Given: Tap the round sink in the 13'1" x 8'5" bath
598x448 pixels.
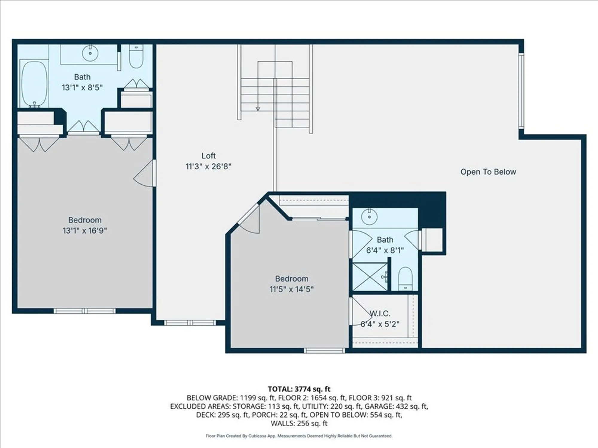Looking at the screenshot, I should (x=90, y=54).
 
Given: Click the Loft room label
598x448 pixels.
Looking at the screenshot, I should (x=208, y=156).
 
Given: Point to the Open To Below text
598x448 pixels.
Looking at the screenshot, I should (x=488, y=172).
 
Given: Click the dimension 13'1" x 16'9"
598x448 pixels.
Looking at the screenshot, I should (x=85, y=231).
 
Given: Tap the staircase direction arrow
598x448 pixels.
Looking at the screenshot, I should (x=258, y=109).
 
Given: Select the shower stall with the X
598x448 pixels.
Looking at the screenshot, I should (x=370, y=277).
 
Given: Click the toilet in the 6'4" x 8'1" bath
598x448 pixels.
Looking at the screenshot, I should (x=405, y=279).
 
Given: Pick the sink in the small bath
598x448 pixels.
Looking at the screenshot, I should (x=369, y=217).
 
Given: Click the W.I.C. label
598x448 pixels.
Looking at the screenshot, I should (x=380, y=314).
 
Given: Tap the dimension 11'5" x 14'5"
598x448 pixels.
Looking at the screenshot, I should (x=292, y=289).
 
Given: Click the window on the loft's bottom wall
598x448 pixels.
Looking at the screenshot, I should (x=190, y=323).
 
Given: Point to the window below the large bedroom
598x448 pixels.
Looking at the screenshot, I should (x=84, y=311).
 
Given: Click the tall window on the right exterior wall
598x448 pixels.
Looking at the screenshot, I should (x=521, y=91).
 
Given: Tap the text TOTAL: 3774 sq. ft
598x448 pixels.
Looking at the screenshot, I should (x=299, y=389).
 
